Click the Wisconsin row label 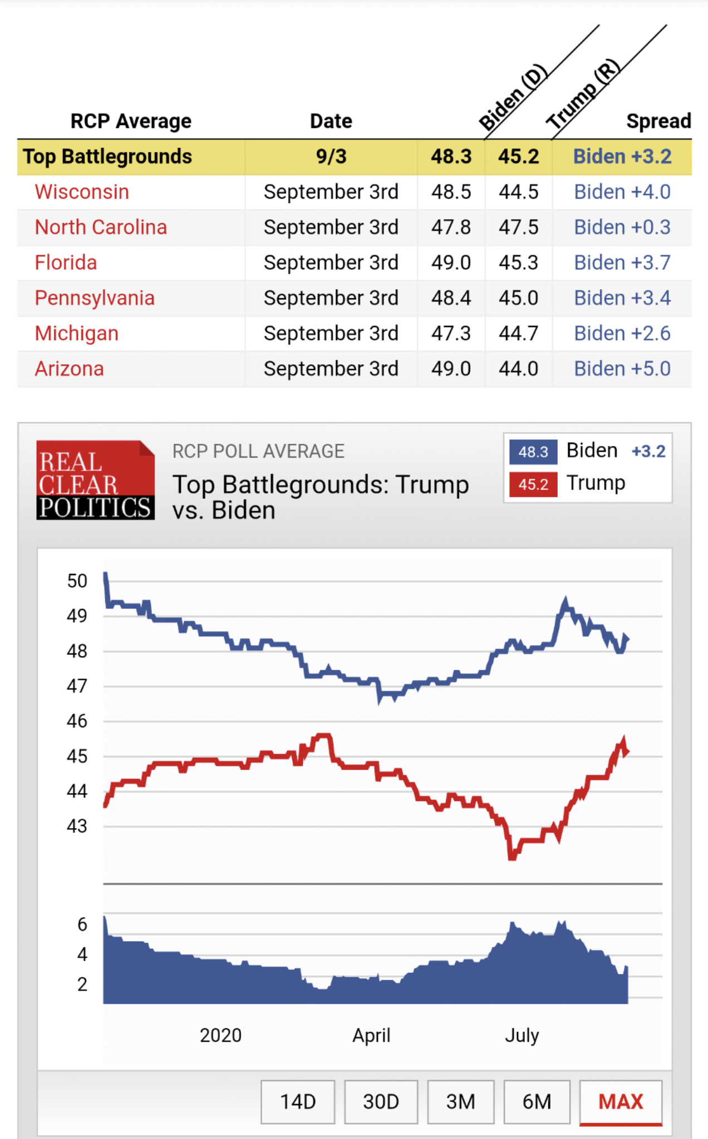click(x=82, y=192)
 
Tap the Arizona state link click(x=69, y=369)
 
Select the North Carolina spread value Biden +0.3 click(x=622, y=227)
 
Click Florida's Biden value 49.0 click(x=451, y=263)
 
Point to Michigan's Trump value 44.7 click(x=518, y=334)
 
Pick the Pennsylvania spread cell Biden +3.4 click(x=622, y=298)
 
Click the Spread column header click(x=658, y=121)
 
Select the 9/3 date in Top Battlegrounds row click(x=331, y=157)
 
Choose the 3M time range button click(x=460, y=1102)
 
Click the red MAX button click(x=621, y=1102)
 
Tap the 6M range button click(x=537, y=1102)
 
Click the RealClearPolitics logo click(x=95, y=481)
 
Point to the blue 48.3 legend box click(x=533, y=452)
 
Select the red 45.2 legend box click(x=533, y=484)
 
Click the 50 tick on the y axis click(x=77, y=581)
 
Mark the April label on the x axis click(x=371, y=1036)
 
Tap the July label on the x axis click(x=522, y=1036)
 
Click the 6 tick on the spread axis click(x=82, y=925)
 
